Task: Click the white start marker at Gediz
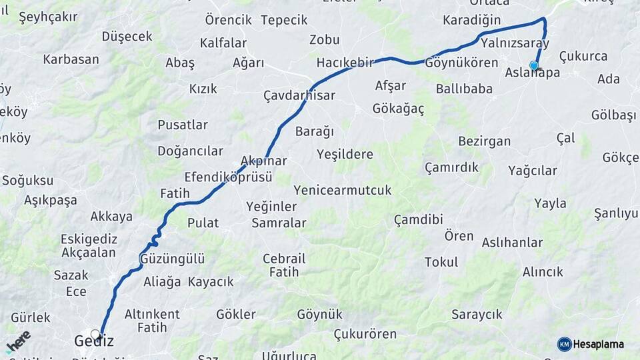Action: tap(95, 334)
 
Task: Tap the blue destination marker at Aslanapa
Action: tap(534, 65)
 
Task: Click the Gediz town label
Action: tap(94, 341)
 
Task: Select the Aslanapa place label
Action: tap(533, 73)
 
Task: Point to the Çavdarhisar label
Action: tap(299, 95)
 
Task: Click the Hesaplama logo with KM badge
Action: tap(591, 344)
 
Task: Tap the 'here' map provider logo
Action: tap(18, 341)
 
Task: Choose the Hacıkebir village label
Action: tap(345, 62)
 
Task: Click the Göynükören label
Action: tap(461, 63)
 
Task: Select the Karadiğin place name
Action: tap(471, 20)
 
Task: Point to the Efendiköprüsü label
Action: tap(229, 177)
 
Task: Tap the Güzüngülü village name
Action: tap(173, 258)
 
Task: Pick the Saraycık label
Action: tap(477, 314)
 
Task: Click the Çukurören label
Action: tap(365, 334)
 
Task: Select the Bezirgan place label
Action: tap(485, 141)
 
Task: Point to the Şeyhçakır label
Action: tap(48, 17)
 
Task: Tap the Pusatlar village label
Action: tap(183, 125)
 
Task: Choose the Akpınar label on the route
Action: tap(263, 161)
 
